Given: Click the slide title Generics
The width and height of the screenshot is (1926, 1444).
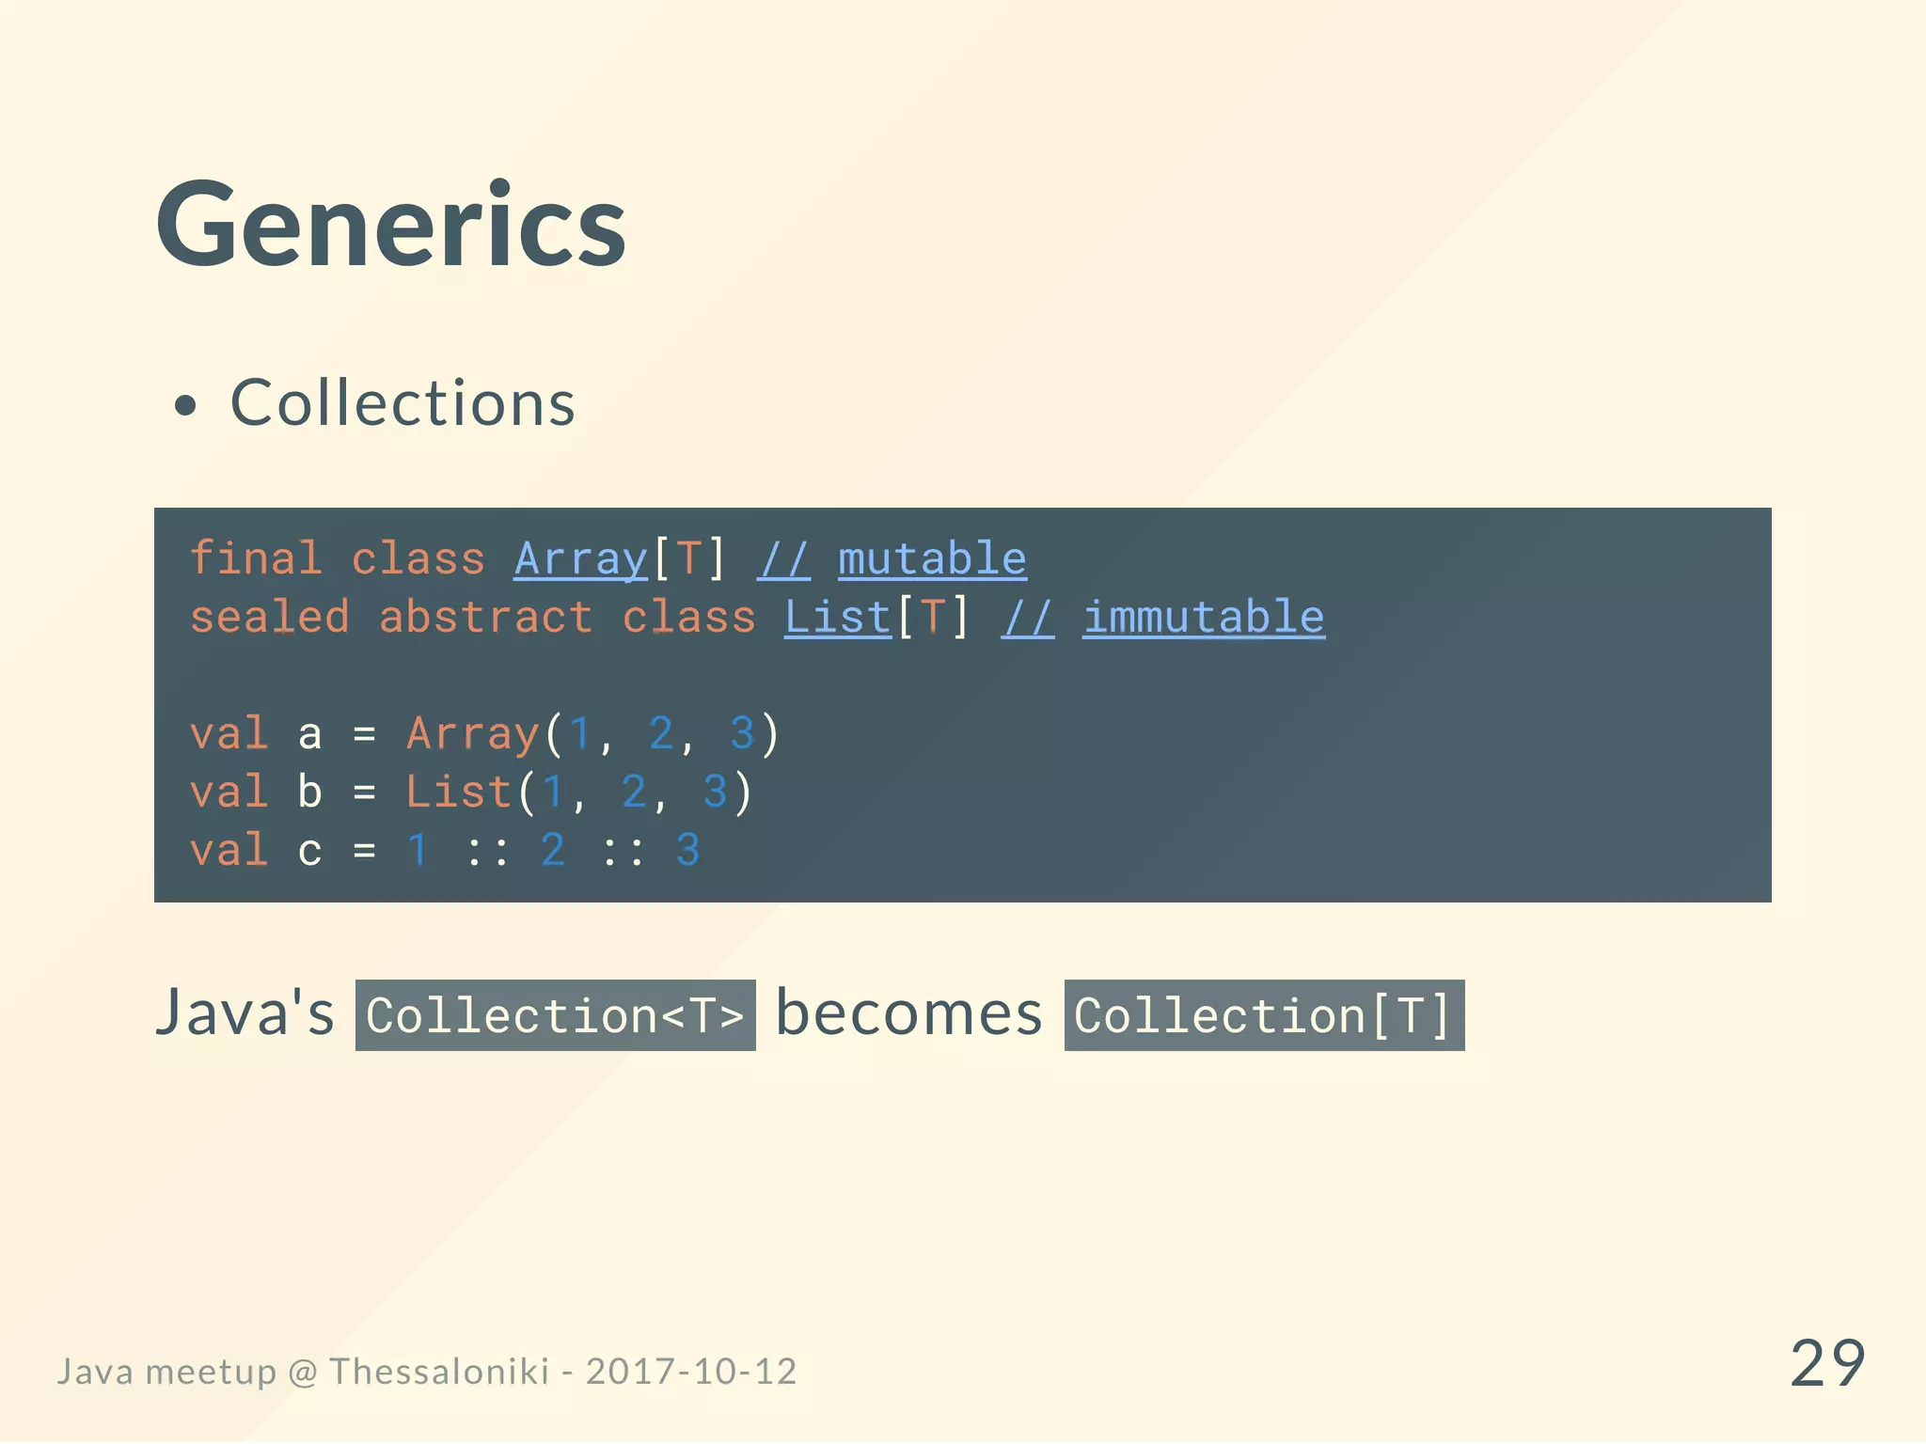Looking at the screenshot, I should pos(391,227).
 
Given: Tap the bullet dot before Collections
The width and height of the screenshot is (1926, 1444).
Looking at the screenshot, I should pos(186,406).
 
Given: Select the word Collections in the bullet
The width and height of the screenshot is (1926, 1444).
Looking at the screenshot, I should pos(403,403).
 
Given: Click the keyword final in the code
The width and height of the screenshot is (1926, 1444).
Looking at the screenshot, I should pos(256,558).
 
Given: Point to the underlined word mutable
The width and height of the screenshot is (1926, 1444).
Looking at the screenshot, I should pos(932,559).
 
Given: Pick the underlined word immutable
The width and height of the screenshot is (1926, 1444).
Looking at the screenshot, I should pos(1204,618).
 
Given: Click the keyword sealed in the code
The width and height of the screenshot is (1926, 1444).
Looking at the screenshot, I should pos(270,618).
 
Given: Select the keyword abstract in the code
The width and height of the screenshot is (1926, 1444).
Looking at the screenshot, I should pos(485,618).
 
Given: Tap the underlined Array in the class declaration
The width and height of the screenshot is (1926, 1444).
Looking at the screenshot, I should pos(580,559).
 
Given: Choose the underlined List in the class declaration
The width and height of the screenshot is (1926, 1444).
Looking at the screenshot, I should pos(838,618).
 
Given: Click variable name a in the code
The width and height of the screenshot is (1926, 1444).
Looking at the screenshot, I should pos(309,734).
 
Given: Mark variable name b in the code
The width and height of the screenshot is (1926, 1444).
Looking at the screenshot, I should pos(309,792).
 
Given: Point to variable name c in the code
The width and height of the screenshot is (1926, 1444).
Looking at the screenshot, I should pos(309,851).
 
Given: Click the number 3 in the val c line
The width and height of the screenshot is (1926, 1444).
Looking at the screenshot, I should pos(687,851).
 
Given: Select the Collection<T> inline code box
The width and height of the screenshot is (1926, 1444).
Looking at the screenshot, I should pos(555,1015).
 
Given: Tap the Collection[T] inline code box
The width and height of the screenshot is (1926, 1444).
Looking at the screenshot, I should pos(1264,1015).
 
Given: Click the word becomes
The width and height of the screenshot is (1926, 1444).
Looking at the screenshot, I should pos(908,1013).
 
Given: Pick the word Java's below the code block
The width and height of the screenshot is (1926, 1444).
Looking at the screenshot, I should pos(245,1013).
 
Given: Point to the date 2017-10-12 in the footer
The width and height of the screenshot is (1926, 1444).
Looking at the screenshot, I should pos(691,1372).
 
